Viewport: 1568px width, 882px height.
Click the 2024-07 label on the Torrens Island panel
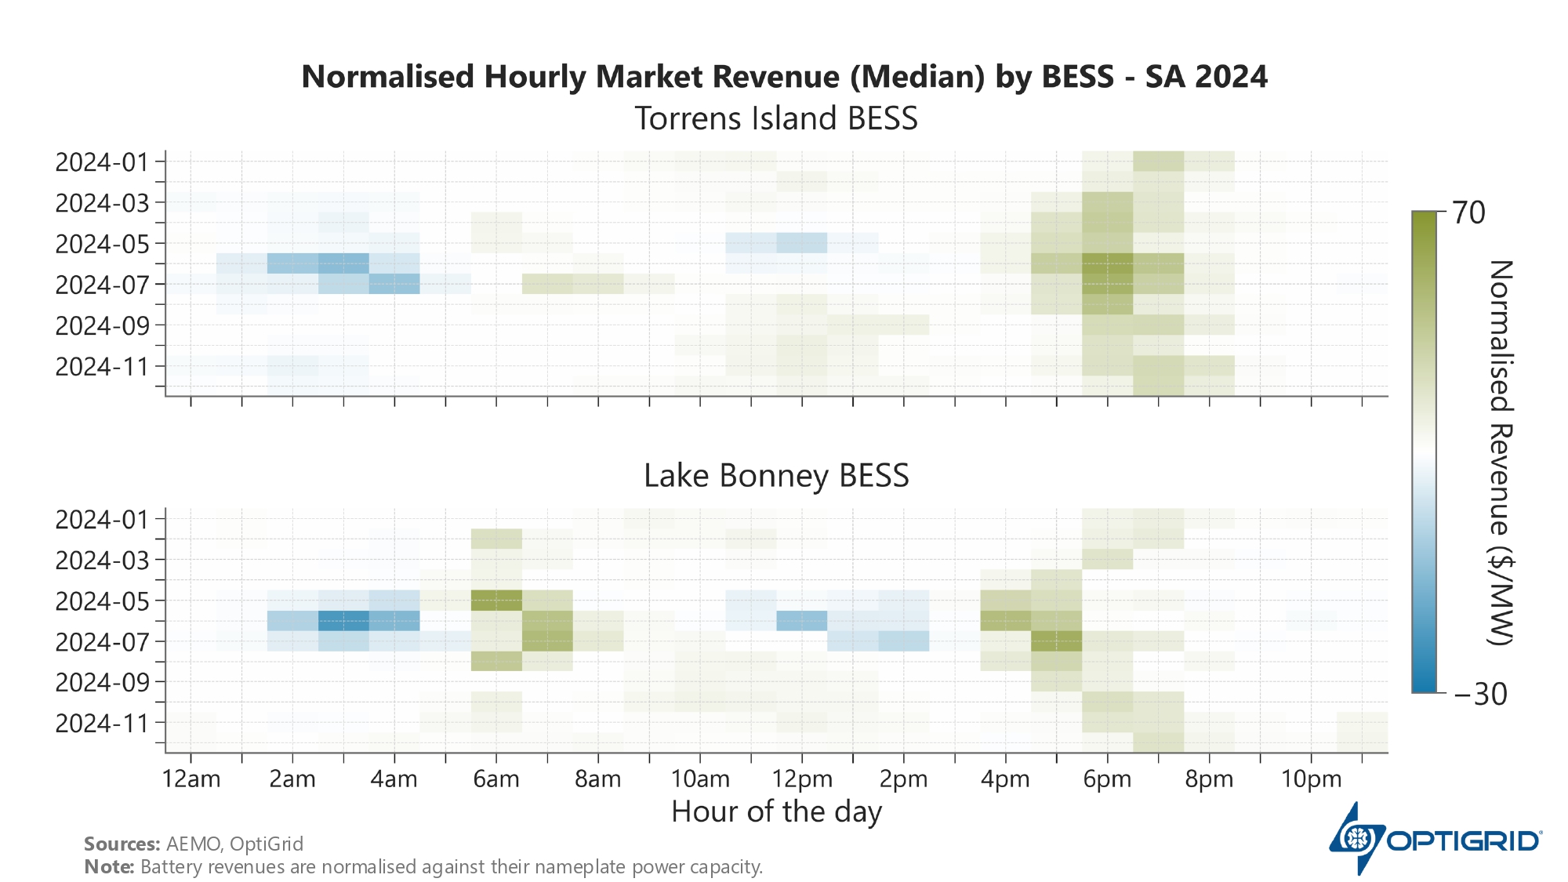[x=101, y=285]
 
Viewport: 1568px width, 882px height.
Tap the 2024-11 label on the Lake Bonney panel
[x=101, y=723]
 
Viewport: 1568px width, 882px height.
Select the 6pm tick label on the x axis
[x=1107, y=779]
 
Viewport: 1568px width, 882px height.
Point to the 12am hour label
[x=191, y=779]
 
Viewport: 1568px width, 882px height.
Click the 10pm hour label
[x=1311, y=779]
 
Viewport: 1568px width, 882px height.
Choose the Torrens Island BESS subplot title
[x=776, y=119]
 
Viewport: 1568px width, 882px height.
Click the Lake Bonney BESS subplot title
[x=776, y=476]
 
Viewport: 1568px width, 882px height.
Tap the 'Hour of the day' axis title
[x=776, y=811]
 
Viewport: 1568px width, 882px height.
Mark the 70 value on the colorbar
[x=1468, y=212]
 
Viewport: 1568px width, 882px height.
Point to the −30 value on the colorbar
[x=1480, y=694]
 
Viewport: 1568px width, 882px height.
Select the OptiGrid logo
[x=1435, y=840]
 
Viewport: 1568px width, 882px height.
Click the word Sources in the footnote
[x=122, y=844]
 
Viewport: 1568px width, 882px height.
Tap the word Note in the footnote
[x=109, y=867]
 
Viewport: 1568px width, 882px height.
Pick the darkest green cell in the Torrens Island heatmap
[x=1107, y=264]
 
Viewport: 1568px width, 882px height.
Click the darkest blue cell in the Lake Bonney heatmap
[x=343, y=621]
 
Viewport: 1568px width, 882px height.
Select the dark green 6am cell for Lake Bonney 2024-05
[x=496, y=601]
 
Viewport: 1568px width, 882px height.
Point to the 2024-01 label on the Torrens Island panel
[x=101, y=162]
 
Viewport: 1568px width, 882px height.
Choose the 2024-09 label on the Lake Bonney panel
[x=101, y=682]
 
